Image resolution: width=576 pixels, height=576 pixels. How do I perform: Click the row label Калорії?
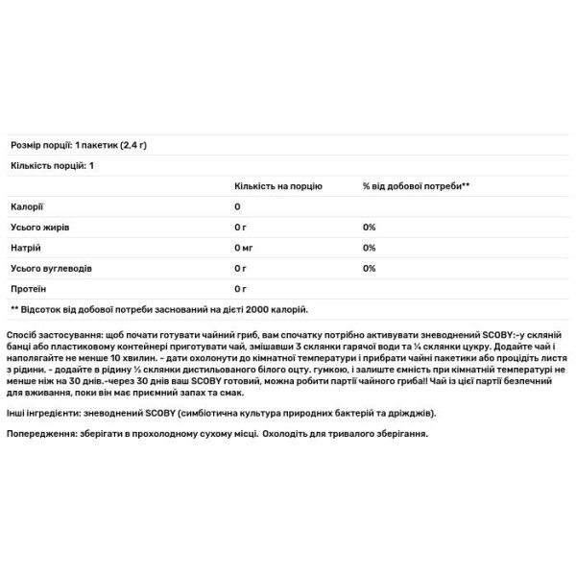point(26,206)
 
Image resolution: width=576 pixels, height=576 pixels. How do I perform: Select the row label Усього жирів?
point(38,227)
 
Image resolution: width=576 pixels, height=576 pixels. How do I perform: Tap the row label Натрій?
point(25,248)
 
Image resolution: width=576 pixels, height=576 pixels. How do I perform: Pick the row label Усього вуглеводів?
point(50,268)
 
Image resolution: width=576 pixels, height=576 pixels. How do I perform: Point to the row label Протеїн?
point(28,288)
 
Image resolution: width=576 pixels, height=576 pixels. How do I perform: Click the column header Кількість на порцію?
point(277,186)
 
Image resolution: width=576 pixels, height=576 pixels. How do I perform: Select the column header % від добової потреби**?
point(416,186)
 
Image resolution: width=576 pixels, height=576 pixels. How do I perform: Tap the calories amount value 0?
point(237,206)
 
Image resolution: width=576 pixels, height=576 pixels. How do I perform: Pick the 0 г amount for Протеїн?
point(240,288)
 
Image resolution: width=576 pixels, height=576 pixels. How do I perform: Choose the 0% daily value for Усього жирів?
point(369,227)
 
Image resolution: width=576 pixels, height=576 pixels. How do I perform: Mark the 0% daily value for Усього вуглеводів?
point(369,268)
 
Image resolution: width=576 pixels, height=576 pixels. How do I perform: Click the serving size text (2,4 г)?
point(141,145)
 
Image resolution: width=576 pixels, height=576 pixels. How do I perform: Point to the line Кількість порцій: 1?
point(52,166)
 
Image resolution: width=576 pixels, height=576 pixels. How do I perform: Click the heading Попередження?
point(40,434)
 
